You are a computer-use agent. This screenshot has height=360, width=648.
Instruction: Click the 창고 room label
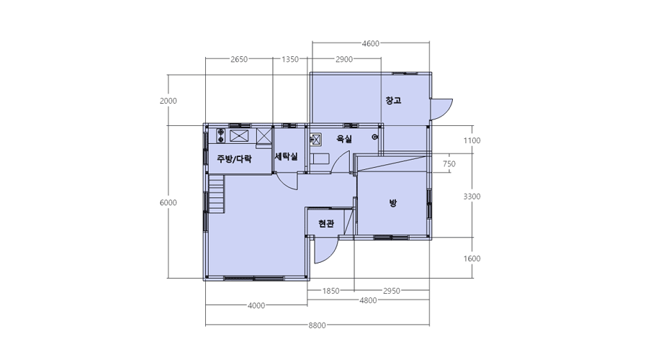coord(393,100)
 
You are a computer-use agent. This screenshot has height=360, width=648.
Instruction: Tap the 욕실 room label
coord(344,139)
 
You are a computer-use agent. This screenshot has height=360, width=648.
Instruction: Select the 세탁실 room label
coord(287,157)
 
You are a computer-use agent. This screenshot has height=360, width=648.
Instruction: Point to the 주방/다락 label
coord(234,158)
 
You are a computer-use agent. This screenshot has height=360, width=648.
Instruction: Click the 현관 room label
coord(326,224)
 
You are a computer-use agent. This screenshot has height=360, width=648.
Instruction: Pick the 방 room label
coord(392,203)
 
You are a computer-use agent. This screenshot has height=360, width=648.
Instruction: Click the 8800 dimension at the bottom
coord(317,325)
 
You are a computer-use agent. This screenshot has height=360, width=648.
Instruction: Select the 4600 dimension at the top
coord(370,43)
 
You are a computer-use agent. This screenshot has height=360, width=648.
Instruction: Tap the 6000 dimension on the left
coord(168,202)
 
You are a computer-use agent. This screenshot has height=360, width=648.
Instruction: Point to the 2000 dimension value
coord(168,101)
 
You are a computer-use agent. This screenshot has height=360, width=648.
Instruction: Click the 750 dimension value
coord(449,163)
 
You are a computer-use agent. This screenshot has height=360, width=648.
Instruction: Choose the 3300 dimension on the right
coord(472,197)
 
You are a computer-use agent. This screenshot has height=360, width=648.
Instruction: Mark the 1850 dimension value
coord(330,291)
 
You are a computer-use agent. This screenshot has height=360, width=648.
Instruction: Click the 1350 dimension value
coord(290,59)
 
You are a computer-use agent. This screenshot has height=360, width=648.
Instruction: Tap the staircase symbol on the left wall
coord(217,194)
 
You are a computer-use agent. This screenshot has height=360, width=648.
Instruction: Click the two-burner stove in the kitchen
coord(221,135)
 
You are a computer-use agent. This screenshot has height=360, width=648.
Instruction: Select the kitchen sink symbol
coord(239,135)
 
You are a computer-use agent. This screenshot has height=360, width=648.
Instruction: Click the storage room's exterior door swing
coord(441,109)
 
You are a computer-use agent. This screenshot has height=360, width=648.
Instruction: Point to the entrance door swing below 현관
coord(326,251)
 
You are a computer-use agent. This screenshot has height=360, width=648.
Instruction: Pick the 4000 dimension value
coord(256,306)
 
